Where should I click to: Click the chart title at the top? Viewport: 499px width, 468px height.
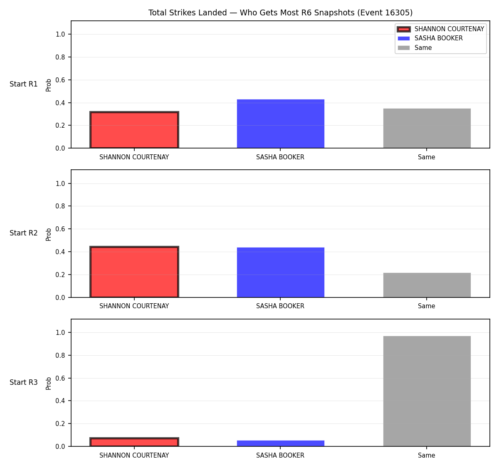(280, 12)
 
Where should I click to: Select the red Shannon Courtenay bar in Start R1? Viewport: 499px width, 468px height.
(134, 130)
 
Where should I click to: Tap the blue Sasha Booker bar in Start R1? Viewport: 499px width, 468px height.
(280, 124)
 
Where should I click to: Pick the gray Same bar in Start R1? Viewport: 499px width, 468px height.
(427, 128)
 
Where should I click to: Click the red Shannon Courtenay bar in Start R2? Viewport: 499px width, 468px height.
(134, 272)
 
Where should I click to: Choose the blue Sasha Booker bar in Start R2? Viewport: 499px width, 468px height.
(280, 272)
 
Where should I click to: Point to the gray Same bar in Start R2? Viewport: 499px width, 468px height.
(427, 285)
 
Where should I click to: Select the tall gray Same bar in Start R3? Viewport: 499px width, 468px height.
(427, 391)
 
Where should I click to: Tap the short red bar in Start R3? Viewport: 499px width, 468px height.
(134, 442)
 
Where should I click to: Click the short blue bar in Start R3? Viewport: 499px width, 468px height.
(280, 443)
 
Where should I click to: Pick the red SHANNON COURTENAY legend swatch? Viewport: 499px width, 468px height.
(403, 29)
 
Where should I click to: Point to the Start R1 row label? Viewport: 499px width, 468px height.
(24, 84)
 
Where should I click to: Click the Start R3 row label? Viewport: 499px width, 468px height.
(24, 382)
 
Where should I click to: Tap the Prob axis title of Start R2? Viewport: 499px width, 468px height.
(49, 234)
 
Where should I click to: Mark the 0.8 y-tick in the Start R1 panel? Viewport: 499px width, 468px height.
(60, 57)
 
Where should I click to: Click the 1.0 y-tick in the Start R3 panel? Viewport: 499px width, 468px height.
(60, 332)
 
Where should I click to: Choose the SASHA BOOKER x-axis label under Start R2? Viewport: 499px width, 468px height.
(280, 306)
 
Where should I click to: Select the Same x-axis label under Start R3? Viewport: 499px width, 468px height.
(426, 455)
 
